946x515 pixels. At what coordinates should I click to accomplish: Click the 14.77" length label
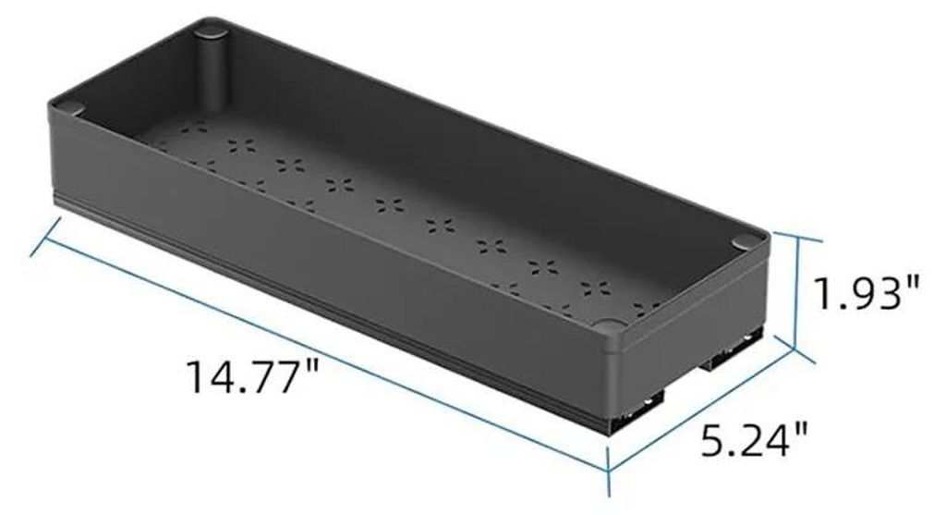click(252, 375)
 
